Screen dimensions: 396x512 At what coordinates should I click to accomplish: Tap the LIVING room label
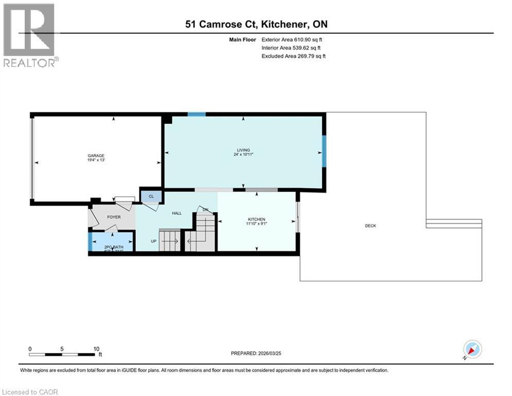click(243, 150)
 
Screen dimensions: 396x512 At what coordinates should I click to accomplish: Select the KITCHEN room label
click(256, 220)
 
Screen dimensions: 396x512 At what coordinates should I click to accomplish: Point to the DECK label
click(370, 226)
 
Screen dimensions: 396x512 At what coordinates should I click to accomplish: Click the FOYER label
click(114, 217)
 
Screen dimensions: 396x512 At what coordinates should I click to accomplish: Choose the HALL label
click(176, 213)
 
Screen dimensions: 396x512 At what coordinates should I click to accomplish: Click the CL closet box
click(151, 196)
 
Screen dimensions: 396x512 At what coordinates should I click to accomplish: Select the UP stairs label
click(153, 241)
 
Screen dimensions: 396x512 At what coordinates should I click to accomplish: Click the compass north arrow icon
click(472, 350)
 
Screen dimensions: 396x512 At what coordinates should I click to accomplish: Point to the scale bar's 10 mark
click(96, 349)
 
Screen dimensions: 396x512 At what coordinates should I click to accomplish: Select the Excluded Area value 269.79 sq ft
click(307, 56)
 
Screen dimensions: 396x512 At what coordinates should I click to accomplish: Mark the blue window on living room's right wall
click(324, 151)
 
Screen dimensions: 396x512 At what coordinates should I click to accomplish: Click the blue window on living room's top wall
click(197, 114)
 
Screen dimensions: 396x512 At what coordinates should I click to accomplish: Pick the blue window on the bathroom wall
click(90, 242)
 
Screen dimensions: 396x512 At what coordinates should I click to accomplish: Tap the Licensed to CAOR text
click(30, 392)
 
